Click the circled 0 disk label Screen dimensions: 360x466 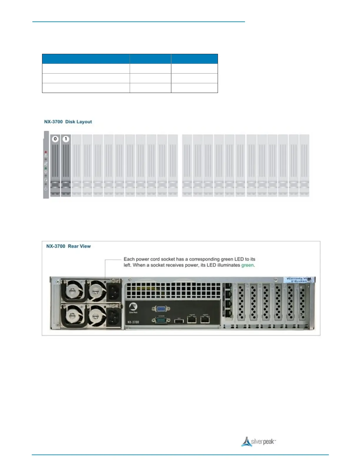click(55, 139)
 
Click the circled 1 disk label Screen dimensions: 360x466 click(66, 139)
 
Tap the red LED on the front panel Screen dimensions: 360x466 click(46, 152)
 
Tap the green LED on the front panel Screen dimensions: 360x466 click(46, 169)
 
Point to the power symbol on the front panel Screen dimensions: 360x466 click(46, 189)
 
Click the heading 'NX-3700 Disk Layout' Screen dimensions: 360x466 click(68, 122)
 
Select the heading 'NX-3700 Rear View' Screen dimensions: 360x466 click(69, 246)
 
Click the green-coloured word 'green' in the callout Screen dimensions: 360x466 click(247, 265)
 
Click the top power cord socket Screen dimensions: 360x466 click(113, 292)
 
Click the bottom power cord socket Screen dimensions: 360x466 click(113, 318)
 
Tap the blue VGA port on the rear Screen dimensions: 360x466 click(161, 309)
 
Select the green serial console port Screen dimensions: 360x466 click(161, 320)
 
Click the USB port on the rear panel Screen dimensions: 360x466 click(179, 321)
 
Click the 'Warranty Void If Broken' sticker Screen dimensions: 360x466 click(299, 280)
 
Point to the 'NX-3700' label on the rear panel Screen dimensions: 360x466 click(133, 322)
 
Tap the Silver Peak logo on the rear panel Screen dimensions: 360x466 click(133, 307)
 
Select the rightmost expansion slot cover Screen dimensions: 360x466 click(302, 303)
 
